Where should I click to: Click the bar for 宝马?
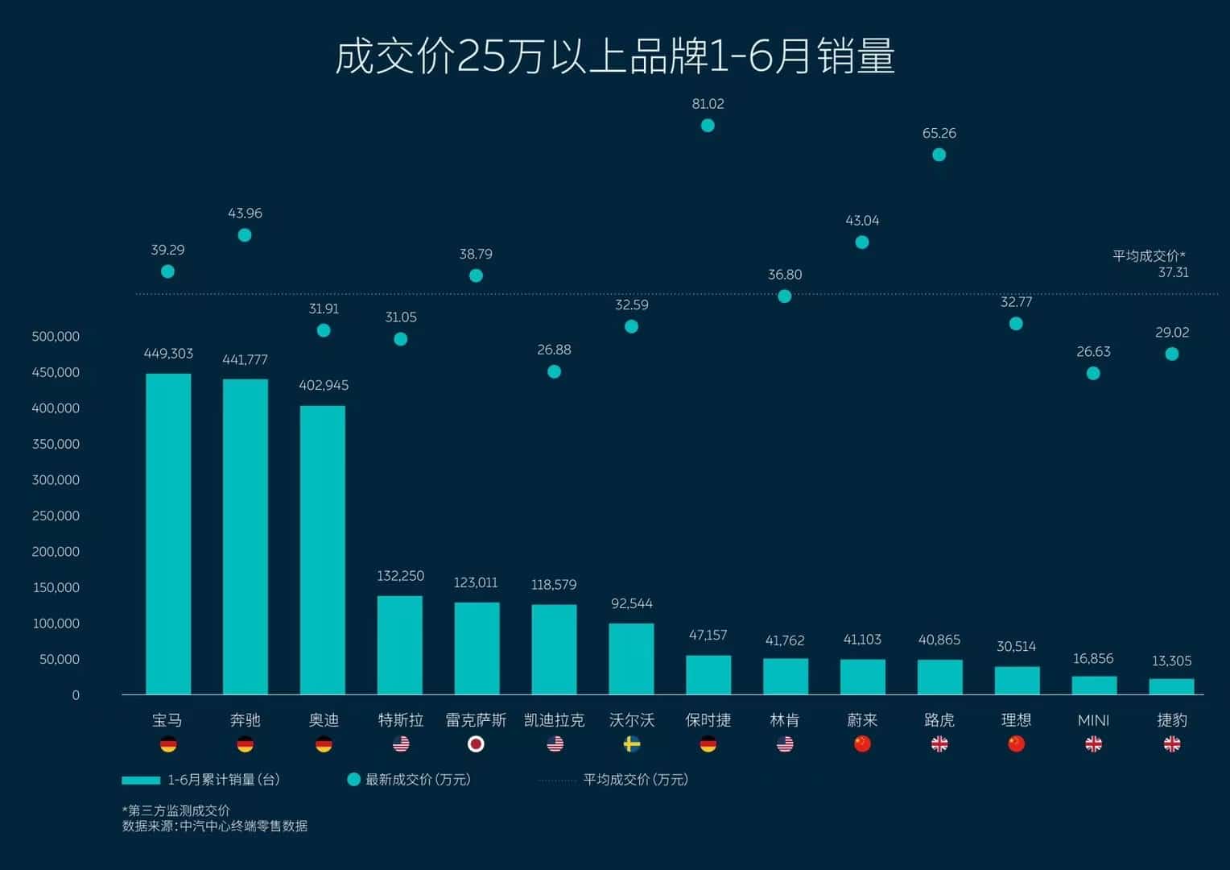click(x=168, y=533)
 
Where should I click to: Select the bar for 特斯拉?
click(x=400, y=644)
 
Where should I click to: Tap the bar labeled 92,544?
click(x=631, y=658)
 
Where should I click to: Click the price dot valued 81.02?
click(x=708, y=126)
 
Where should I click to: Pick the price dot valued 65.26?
click(x=939, y=155)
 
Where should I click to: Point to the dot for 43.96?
click(x=245, y=235)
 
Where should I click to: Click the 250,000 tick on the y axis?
click(x=56, y=516)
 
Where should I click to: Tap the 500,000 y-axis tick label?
click(x=56, y=337)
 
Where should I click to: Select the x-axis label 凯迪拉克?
click(x=554, y=720)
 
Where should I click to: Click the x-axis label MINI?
click(x=1093, y=720)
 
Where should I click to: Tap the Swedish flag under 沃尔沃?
click(x=632, y=744)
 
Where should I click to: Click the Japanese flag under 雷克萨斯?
click(x=476, y=744)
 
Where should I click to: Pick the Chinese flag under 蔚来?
click(x=862, y=744)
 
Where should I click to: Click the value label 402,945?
click(x=324, y=385)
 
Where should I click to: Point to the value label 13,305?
click(x=1171, y=661)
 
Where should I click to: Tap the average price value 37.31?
click(x=1173, y=272)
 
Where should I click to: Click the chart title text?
click(x=615, y=56)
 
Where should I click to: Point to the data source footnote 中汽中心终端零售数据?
click(x=243, y=826)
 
